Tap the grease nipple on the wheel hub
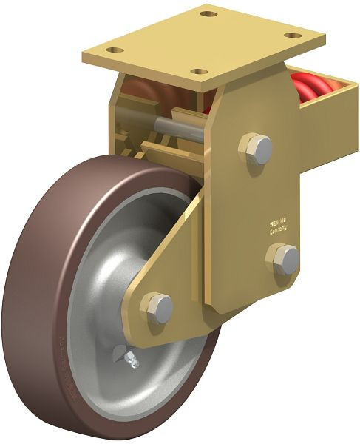(130, 359)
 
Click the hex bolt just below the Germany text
(282, 260)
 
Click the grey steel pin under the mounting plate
(180, 127)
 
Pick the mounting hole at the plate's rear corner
(209, 14)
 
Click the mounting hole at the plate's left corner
(114, 50)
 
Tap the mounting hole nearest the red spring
(293, 36)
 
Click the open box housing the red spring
(329, 118)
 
